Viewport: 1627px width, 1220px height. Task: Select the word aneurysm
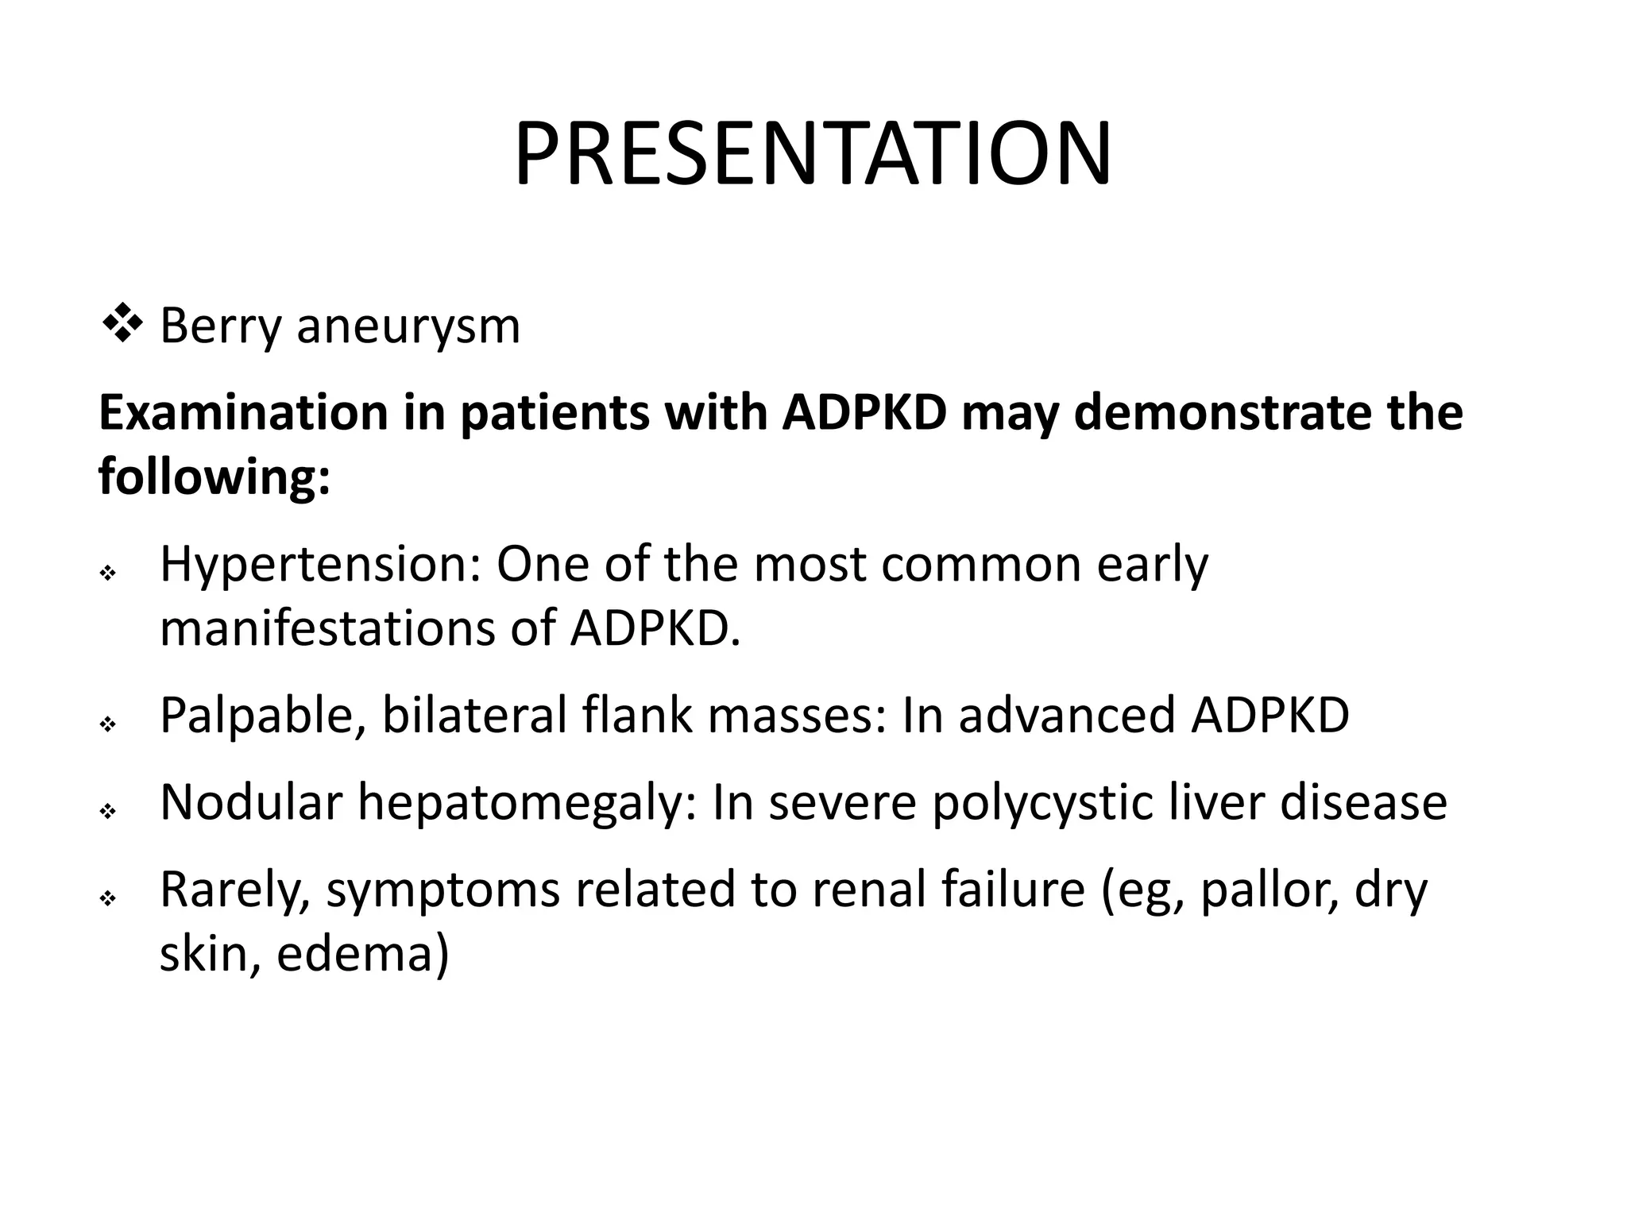coord(408,326)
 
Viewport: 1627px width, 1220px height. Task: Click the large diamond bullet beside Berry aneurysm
coord(122,324)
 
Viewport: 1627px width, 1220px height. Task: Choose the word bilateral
coord(475,715)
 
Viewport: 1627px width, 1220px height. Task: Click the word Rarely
coord(234,891)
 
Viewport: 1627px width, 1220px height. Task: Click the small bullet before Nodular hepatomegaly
coord(108,812)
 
